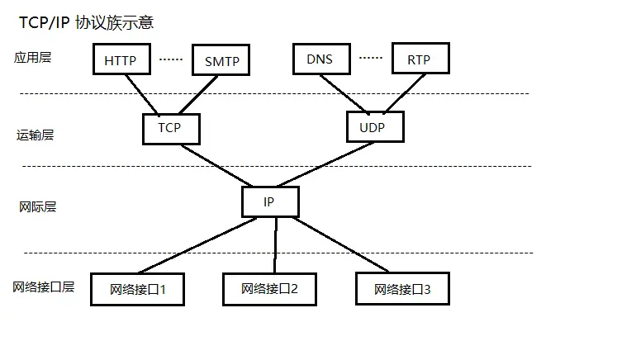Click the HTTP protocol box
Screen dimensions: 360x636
[x=121, y=60]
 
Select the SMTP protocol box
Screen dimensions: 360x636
[x=221, y=60]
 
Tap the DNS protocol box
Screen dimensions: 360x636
[x=320, y=59]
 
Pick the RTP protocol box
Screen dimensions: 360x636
[x=419, y=59]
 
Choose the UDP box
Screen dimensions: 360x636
[x=377, y=127]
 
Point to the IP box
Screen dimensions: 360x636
[x=270, y=201]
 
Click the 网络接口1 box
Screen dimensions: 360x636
[x=138, y=290]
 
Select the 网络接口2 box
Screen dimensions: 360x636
[x=270, y=289]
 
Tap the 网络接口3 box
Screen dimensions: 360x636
[x=402, y=289]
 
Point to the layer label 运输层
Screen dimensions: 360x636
[x=36, y=135]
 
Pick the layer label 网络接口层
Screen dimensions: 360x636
[x=44, y=287]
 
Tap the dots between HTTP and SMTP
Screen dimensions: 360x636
[x=170, y=59]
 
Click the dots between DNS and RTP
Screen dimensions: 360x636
[x=370, y=58]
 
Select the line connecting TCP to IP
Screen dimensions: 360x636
[x=219, y=165]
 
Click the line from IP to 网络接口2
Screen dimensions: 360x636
[x=274, y=245]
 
